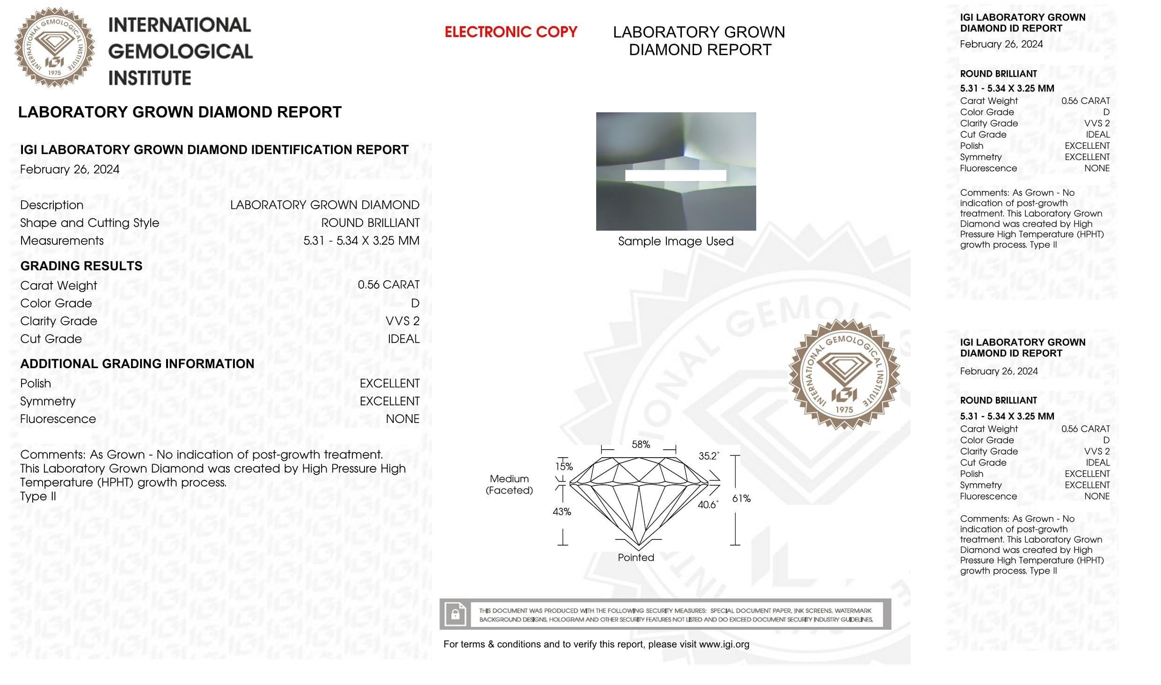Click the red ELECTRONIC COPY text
pyautogui.click(x=511, y=32)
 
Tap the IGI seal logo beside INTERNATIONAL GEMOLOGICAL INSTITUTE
pyautogui.click(x=55, y=47)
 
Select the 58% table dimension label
pyautogui.click(x=641, y=445)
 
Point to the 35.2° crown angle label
pyautogui.click(x=708, y=456)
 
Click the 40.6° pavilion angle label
pyautogui.click(x=708, y=505)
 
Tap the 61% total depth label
pyautogui.click(x=741, y=499)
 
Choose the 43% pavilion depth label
pyautogui.click(x=562, y=512)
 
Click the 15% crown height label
pyautogui.click(x=564, y=466)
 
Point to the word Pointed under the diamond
pyautogui.click(x=636, y=557)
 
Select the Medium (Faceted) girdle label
pyautogui.click(x=509, y=484)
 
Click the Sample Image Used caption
pyautogui.click(x=676, y=241)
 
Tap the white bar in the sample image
pyautogui.click(x=675, y=175)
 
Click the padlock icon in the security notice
pyautogui.click(x=455, y=614)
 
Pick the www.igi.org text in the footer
pyautogui.click(x=724, y=644)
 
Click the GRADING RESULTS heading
pyautogui.click(x=81, y=266)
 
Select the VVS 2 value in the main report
pyautogui.click(x=402, y=321)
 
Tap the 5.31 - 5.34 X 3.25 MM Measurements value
pyautogui.click(x=361, y=240)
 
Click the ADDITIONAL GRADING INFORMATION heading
pyautogui.click(x=137, y=364)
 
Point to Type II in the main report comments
pyautogui.click(x=38, y=496)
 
